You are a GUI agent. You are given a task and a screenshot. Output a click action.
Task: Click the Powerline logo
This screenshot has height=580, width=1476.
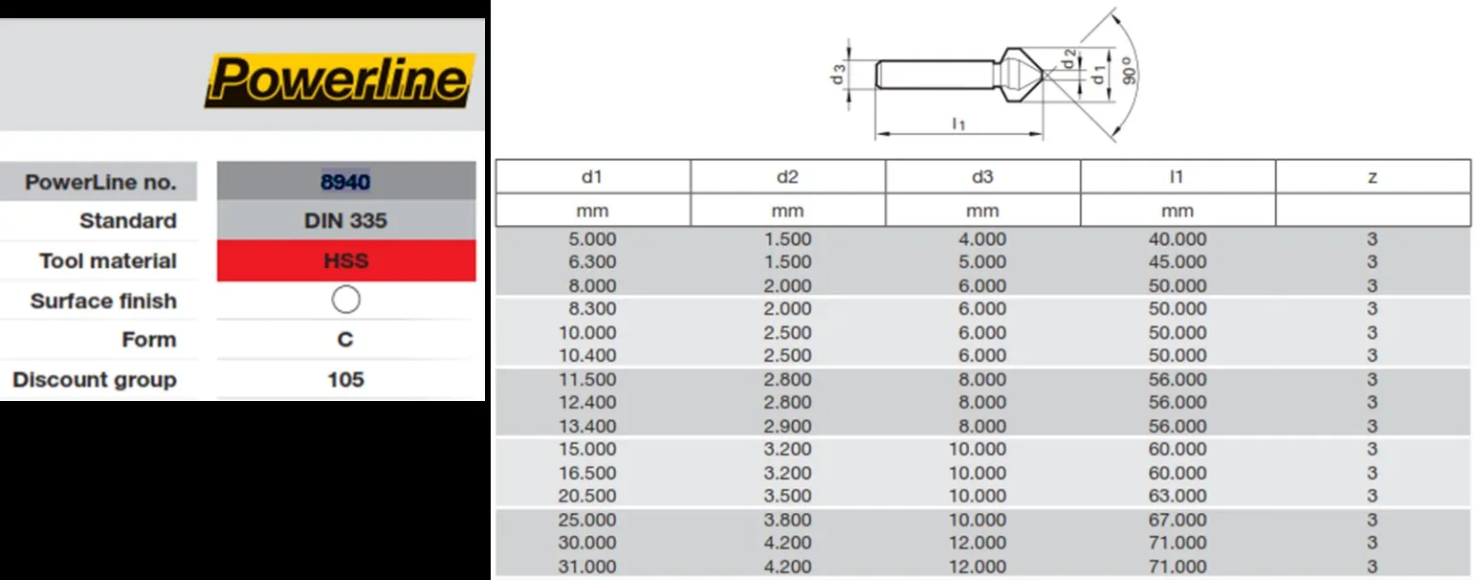(340, 80)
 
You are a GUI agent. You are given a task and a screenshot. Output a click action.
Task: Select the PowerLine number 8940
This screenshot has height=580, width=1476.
(345, 181)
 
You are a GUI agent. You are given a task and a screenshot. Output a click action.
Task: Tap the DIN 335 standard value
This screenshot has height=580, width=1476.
(345, 221)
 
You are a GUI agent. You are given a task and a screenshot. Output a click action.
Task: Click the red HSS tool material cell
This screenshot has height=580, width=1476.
(345, 261)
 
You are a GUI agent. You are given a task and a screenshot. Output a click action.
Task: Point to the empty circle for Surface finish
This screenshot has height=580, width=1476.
(345, 301)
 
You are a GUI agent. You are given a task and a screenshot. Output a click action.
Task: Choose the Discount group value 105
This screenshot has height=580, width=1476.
(345, 380)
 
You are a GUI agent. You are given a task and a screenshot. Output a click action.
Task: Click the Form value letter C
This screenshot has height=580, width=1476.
(345, 340)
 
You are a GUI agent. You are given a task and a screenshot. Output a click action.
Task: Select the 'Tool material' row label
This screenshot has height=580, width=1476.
(107, 261)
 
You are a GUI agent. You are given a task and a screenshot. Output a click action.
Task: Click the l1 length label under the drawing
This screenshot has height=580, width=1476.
(958, 123)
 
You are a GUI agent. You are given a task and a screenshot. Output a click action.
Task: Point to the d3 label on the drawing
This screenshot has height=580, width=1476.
(838, 74)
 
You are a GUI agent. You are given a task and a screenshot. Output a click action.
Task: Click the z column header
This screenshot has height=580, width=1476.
(1372, 177)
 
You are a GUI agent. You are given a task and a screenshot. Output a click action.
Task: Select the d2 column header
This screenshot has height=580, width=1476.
(787, 177)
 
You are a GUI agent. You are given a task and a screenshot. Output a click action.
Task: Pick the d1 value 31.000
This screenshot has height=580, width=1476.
(592, 567)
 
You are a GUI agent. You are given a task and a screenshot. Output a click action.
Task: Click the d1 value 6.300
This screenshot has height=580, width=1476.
(592, 262)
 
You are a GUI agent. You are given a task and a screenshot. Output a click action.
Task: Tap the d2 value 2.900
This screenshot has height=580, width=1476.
(787, 426)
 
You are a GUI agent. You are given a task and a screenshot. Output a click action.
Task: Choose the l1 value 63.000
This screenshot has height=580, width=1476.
(1177, 496)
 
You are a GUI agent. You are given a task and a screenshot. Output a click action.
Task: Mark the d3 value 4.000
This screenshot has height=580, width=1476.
(982, 239)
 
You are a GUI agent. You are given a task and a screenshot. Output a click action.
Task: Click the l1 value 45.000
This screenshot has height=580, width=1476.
(1177, 262)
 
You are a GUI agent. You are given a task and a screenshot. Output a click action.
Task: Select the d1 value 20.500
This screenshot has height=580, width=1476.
(592, 496)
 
